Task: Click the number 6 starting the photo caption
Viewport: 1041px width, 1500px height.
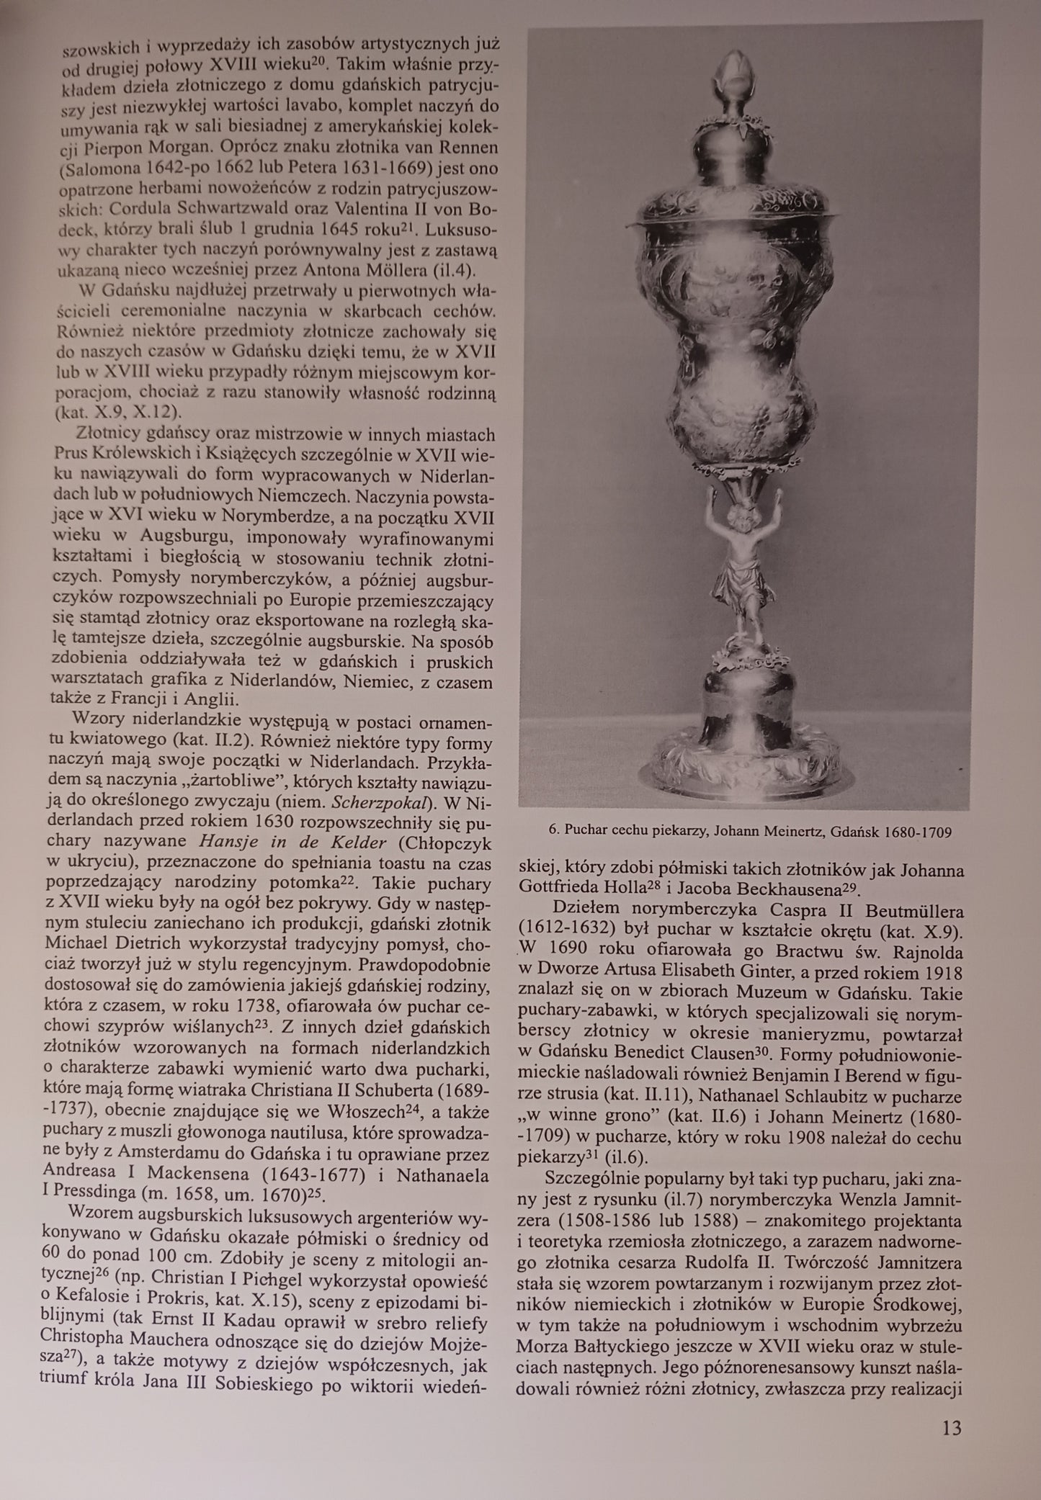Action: point(553,832)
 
